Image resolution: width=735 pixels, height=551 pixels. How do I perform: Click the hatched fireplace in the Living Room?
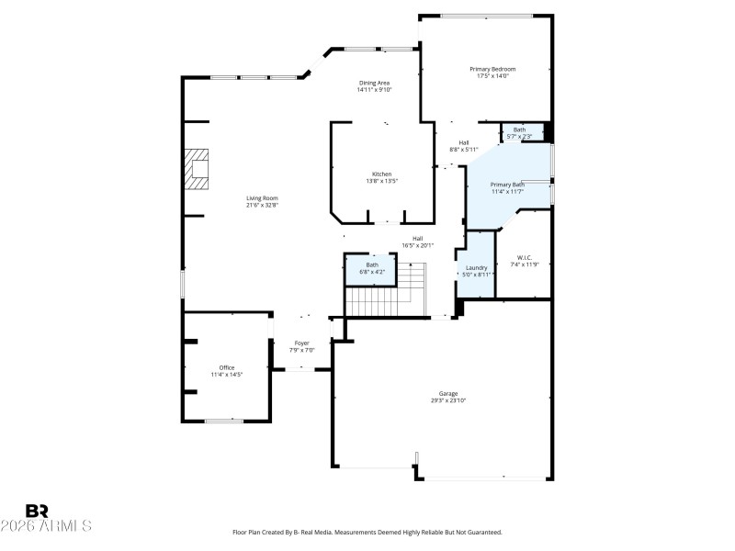click(197, 169)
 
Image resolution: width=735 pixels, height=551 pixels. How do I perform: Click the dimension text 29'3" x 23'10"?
click(447, 401)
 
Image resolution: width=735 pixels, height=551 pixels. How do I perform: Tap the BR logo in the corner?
click(37, 511)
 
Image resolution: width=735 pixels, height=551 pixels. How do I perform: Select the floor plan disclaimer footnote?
click(367, 533)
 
